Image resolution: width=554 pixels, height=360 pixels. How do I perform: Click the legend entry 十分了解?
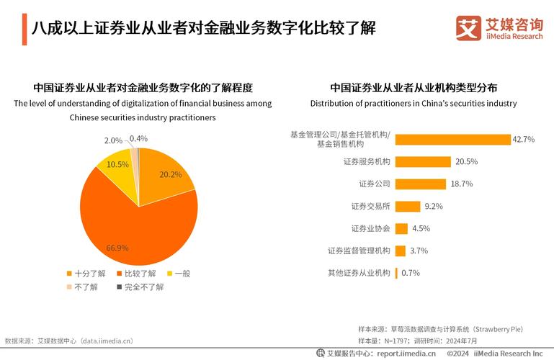[x=86, y=274]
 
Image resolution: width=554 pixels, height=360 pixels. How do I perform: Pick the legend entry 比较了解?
[x=135, y=274]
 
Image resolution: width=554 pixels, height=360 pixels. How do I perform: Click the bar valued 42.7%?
[x=452, y=140]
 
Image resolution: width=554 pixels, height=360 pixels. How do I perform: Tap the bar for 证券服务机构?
[x=423, y=162]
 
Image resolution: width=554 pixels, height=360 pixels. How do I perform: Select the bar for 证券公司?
[x=420, y=184]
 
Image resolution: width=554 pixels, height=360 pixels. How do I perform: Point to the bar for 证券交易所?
[x=408, y=207]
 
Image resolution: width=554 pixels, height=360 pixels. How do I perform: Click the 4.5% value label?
[x=421, y=229]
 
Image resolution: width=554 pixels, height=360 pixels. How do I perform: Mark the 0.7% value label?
[x=411, y=273]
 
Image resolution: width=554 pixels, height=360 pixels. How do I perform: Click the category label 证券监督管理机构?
[x=359, y=251]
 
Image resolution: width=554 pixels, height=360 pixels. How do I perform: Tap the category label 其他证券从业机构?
[x=359, y=273]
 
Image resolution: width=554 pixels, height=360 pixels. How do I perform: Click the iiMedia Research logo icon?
[x=468, y=28]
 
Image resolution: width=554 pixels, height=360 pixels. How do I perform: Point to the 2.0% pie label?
[x=113, y=140]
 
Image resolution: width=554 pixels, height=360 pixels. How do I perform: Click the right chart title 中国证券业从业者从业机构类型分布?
[x=414, y=88]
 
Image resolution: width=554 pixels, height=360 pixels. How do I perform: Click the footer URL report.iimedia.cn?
[x=406, y=354]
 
